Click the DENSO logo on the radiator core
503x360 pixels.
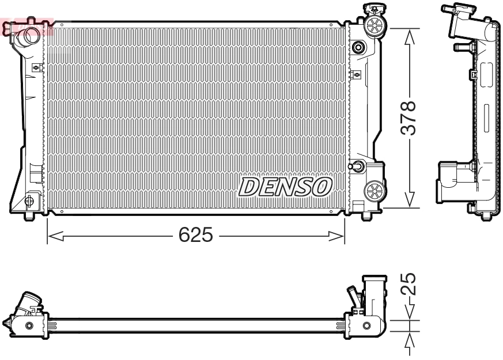(x=286, y=186)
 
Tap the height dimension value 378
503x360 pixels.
(x=409, y=118)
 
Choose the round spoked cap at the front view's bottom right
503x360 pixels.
(x=375, y=190)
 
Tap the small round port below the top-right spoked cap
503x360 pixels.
(x=358, y=47)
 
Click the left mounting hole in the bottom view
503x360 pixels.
(x=30, y=326)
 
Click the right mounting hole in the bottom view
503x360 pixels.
(x=367, y=327)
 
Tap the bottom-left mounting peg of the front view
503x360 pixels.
(x=29, y=217)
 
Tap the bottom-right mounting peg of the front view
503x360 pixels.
(x=366, y=216)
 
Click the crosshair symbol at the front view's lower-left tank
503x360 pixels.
(x=29, y=200)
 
